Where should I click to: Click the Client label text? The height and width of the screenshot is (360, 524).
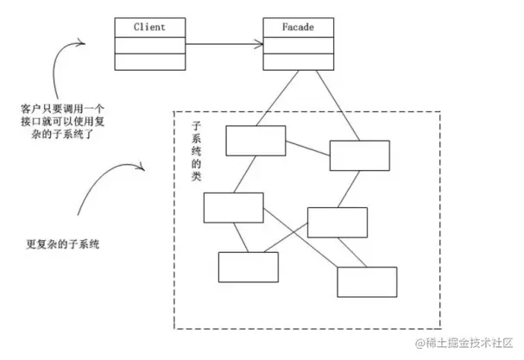tap(149, 27)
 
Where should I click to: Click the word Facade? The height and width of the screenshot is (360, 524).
tap(298, 27)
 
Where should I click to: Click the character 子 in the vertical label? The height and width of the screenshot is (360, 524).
tap(196, 126)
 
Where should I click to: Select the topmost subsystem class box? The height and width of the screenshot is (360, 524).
tap(256, 141)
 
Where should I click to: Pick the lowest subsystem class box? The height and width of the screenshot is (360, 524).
tap(367, 281)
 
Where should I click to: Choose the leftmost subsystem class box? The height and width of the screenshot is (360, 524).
tap(233, 208)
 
